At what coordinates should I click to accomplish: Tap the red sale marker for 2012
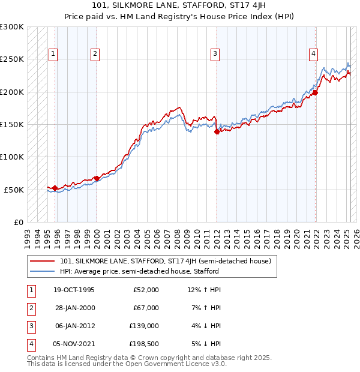[217, 132]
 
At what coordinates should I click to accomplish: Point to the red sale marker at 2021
[315, 92]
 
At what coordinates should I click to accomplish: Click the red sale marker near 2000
[97, 178]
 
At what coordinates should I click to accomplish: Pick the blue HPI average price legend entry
[139, 271]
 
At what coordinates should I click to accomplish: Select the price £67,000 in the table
[146, 308]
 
